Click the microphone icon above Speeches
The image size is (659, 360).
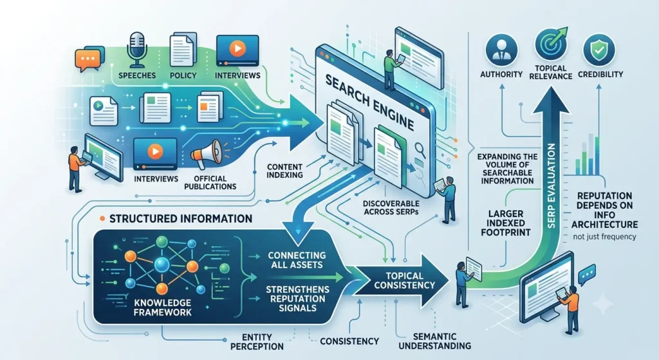point(137,50)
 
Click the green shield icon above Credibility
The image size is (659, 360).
point(599,50)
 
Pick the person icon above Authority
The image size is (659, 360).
point(501,50)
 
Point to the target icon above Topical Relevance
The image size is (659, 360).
point(551,44)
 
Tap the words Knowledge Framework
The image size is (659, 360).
point(162,307)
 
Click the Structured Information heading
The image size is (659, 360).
point(181,219)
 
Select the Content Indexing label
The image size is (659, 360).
point(284,171)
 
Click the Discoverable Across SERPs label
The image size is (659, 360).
point(391,208)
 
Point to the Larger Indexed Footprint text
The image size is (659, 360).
point(506,223)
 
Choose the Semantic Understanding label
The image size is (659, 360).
point(434,341)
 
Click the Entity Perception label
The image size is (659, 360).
point(257,342)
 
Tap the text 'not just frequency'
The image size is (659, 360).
point(604,237)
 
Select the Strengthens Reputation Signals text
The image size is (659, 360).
point(297,299)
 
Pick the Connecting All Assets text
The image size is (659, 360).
point(297,260)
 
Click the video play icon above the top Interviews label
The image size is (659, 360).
point(237,49)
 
